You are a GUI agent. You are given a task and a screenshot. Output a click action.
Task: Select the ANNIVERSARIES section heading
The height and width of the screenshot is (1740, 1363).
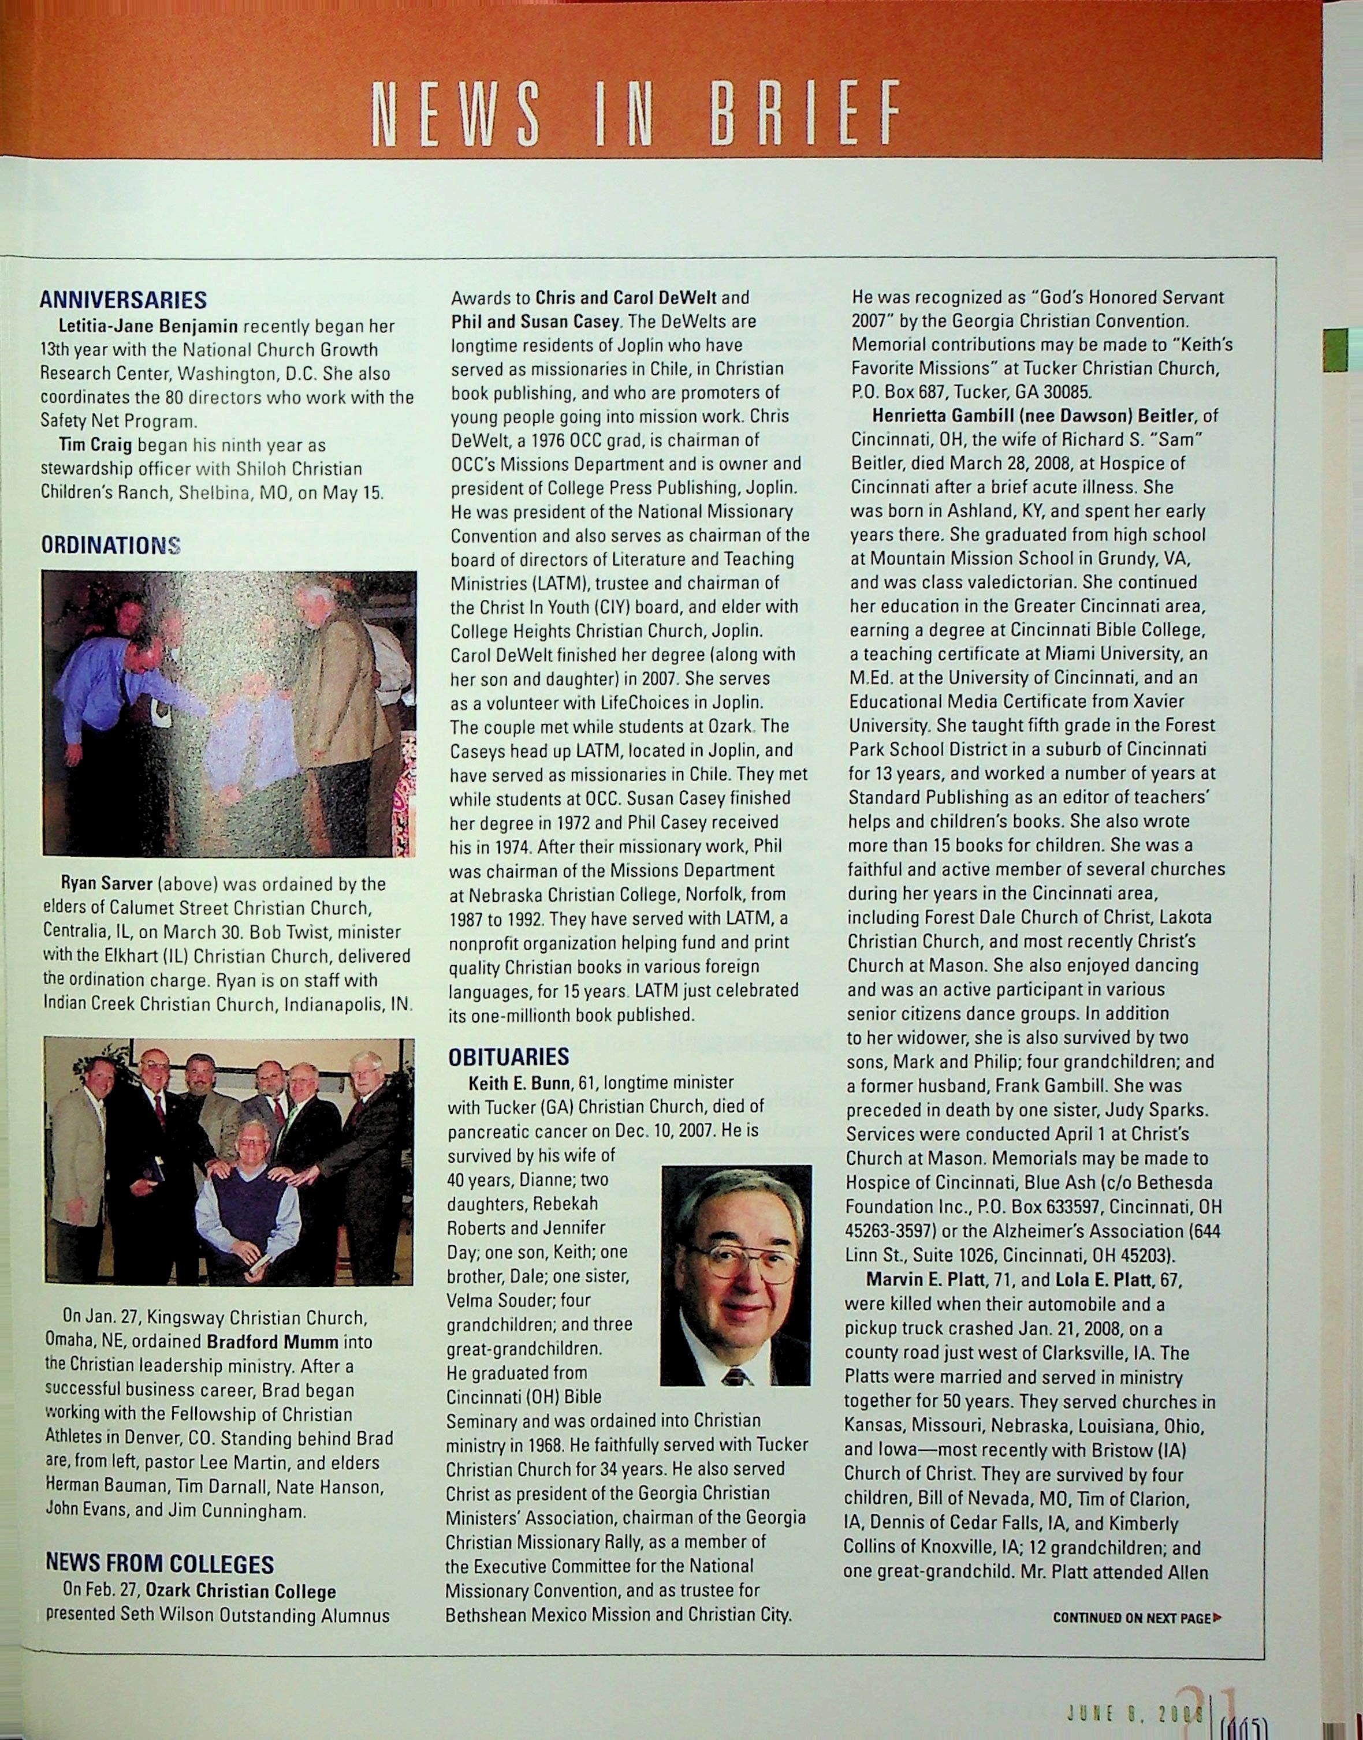click(123, 300)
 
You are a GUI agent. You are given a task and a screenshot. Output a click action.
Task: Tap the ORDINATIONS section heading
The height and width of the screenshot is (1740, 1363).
click(110, 545)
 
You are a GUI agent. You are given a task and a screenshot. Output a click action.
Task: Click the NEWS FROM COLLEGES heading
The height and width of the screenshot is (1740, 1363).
click(159, 1563)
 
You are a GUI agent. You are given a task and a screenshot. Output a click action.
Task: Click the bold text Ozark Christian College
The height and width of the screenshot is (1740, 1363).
click(240, 1592)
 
